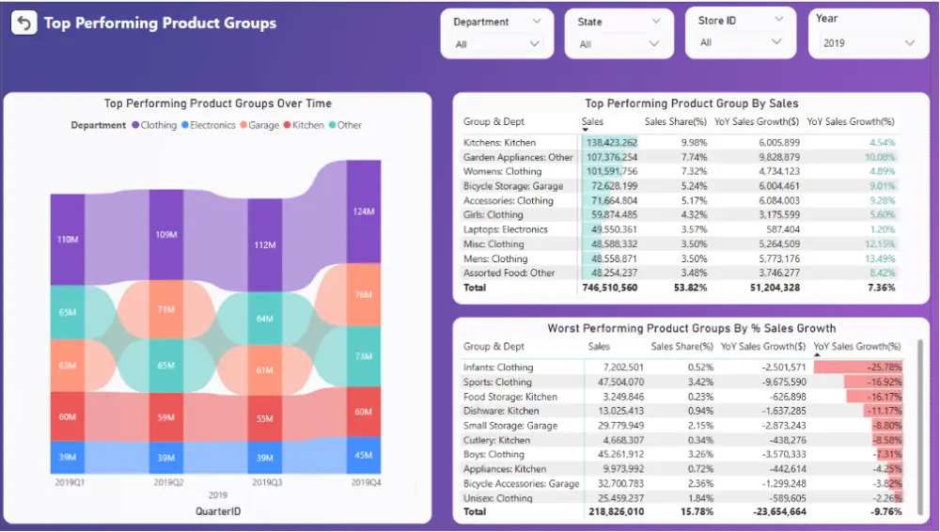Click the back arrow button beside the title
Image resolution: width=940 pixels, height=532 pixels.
[23, 23]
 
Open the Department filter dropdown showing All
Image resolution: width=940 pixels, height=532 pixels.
[498, 43]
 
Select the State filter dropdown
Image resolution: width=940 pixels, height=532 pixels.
[619, 44]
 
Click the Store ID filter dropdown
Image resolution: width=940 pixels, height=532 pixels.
[740, 42]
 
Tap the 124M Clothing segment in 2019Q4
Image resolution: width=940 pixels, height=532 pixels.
[364, 212]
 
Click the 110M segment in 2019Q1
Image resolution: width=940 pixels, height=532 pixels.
[68, 240]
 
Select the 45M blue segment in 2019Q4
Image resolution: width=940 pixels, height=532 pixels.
[364, 456]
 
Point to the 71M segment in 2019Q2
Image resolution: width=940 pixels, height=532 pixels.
[166, 309]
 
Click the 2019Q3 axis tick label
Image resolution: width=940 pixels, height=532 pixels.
[265, 482]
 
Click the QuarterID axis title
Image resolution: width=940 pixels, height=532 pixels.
[218, 510]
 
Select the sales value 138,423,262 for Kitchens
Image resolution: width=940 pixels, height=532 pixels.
[610, 143]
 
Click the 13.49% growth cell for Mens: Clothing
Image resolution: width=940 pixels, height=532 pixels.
[878, 258]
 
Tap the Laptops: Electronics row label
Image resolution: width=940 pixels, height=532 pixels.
[505, 229]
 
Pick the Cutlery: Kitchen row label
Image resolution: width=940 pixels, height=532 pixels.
[496, 440]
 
